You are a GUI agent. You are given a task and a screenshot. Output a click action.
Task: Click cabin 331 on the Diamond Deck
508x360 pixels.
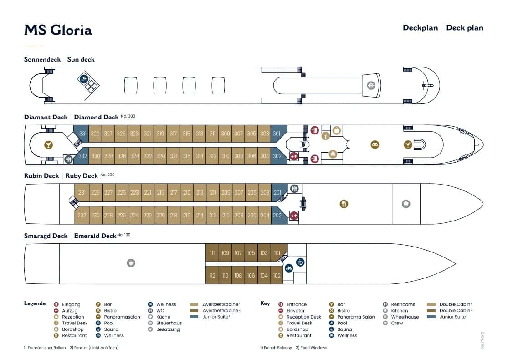pos(82,134)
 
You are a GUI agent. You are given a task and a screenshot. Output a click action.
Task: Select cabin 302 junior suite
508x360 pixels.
pos(278,156)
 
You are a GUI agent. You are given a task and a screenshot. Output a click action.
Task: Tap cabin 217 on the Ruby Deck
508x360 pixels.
pos(174,192)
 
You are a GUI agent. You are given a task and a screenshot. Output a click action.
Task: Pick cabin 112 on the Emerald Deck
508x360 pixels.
pos(212,275)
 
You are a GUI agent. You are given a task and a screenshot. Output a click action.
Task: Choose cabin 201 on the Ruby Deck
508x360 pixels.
pos(278,192)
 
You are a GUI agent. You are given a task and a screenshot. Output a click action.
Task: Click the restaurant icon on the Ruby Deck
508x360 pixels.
pos(344,204)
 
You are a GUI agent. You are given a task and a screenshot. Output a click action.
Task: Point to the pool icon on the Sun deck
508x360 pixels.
pos(84,79)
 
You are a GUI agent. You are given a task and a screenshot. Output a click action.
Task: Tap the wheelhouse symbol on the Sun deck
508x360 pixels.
pos(371,86)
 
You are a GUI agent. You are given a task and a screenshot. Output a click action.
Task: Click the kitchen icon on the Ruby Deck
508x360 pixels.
pos(406,204)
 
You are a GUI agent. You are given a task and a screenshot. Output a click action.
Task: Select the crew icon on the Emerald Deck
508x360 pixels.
pos(131,263)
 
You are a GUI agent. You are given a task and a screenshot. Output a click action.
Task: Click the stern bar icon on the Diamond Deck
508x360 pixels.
pos(48,145)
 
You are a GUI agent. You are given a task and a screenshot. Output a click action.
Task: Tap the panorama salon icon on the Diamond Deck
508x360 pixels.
pos(375,144)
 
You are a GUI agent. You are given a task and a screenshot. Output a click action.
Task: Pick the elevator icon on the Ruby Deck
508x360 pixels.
pos(294,215)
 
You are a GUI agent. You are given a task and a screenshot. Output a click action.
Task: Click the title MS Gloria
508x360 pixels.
pos(58,30)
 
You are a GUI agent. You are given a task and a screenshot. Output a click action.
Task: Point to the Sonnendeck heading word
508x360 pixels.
pos(42,59)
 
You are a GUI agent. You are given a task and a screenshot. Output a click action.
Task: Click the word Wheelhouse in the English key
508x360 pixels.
pos(405,317)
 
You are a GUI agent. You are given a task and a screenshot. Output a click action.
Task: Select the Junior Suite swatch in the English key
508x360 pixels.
pos(431,317)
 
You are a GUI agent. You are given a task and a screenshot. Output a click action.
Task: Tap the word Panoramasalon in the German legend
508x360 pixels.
pos(122,317)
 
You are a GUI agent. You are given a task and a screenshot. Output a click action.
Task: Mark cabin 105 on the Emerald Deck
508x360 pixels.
pos(251,253)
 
